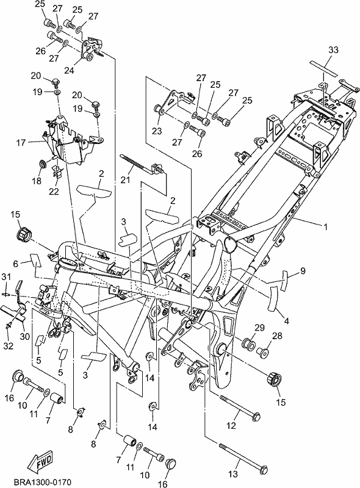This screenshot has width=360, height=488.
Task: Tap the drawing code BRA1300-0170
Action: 43,482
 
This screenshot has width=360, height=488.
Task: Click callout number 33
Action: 333,50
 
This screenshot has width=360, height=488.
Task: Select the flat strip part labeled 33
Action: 323,68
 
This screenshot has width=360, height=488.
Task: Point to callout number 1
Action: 325,227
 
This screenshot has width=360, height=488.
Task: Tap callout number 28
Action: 277,336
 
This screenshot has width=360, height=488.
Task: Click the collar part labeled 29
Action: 249,343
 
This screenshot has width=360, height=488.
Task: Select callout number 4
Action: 287,321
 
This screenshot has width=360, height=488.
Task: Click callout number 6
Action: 16,264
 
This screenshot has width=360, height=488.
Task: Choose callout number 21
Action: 125,180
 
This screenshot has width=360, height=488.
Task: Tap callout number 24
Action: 69,70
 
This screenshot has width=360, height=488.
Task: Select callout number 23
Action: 157,131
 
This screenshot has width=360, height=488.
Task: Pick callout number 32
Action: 9,345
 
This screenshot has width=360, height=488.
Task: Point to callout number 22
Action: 54,191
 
